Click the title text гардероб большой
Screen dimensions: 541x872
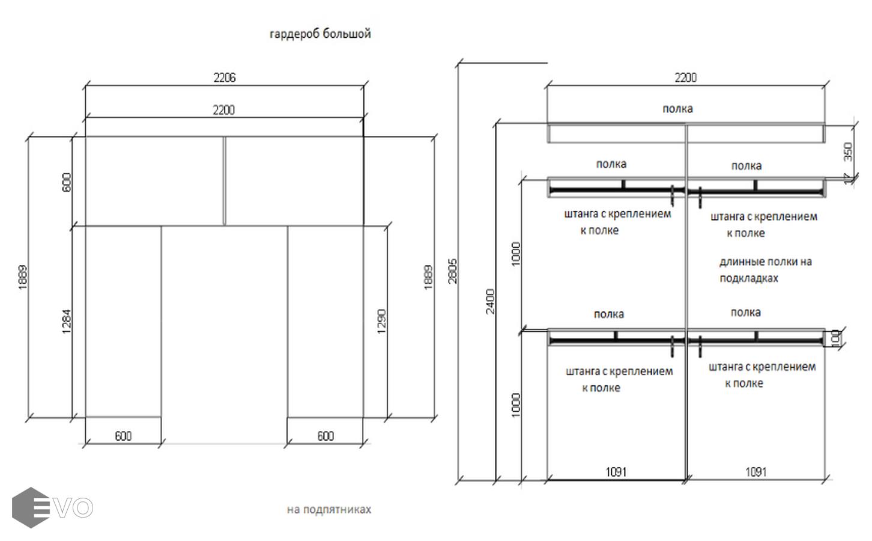tap(320, 34)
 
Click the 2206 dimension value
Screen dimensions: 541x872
tap(224, 78)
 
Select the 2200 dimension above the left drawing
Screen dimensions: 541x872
tap(224, 110)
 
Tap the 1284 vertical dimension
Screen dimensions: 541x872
tap(66, 321)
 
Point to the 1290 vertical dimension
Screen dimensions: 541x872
tap(381, 321)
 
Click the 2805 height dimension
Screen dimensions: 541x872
tap(452, 271)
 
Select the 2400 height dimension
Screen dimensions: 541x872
tap(491, 301)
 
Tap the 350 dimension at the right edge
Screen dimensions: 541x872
tap(848, 151)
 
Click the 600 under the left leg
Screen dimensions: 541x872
tap(123, 436)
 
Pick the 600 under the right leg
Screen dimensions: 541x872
tap(325, 436)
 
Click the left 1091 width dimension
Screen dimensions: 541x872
tap(616, 472)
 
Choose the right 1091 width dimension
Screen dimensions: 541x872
tap(755, 472)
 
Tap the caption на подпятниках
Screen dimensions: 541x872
tap(329, 510)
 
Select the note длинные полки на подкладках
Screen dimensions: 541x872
tap(765, 270)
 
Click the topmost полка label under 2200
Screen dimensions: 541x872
tap(677, 109)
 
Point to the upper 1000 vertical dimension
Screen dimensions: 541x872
tap(516, 254)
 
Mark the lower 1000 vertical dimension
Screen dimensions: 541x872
tap(516, 405)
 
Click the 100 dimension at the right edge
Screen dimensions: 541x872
tap(835, 338)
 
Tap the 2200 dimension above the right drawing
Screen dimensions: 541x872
tap(685, 78)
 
